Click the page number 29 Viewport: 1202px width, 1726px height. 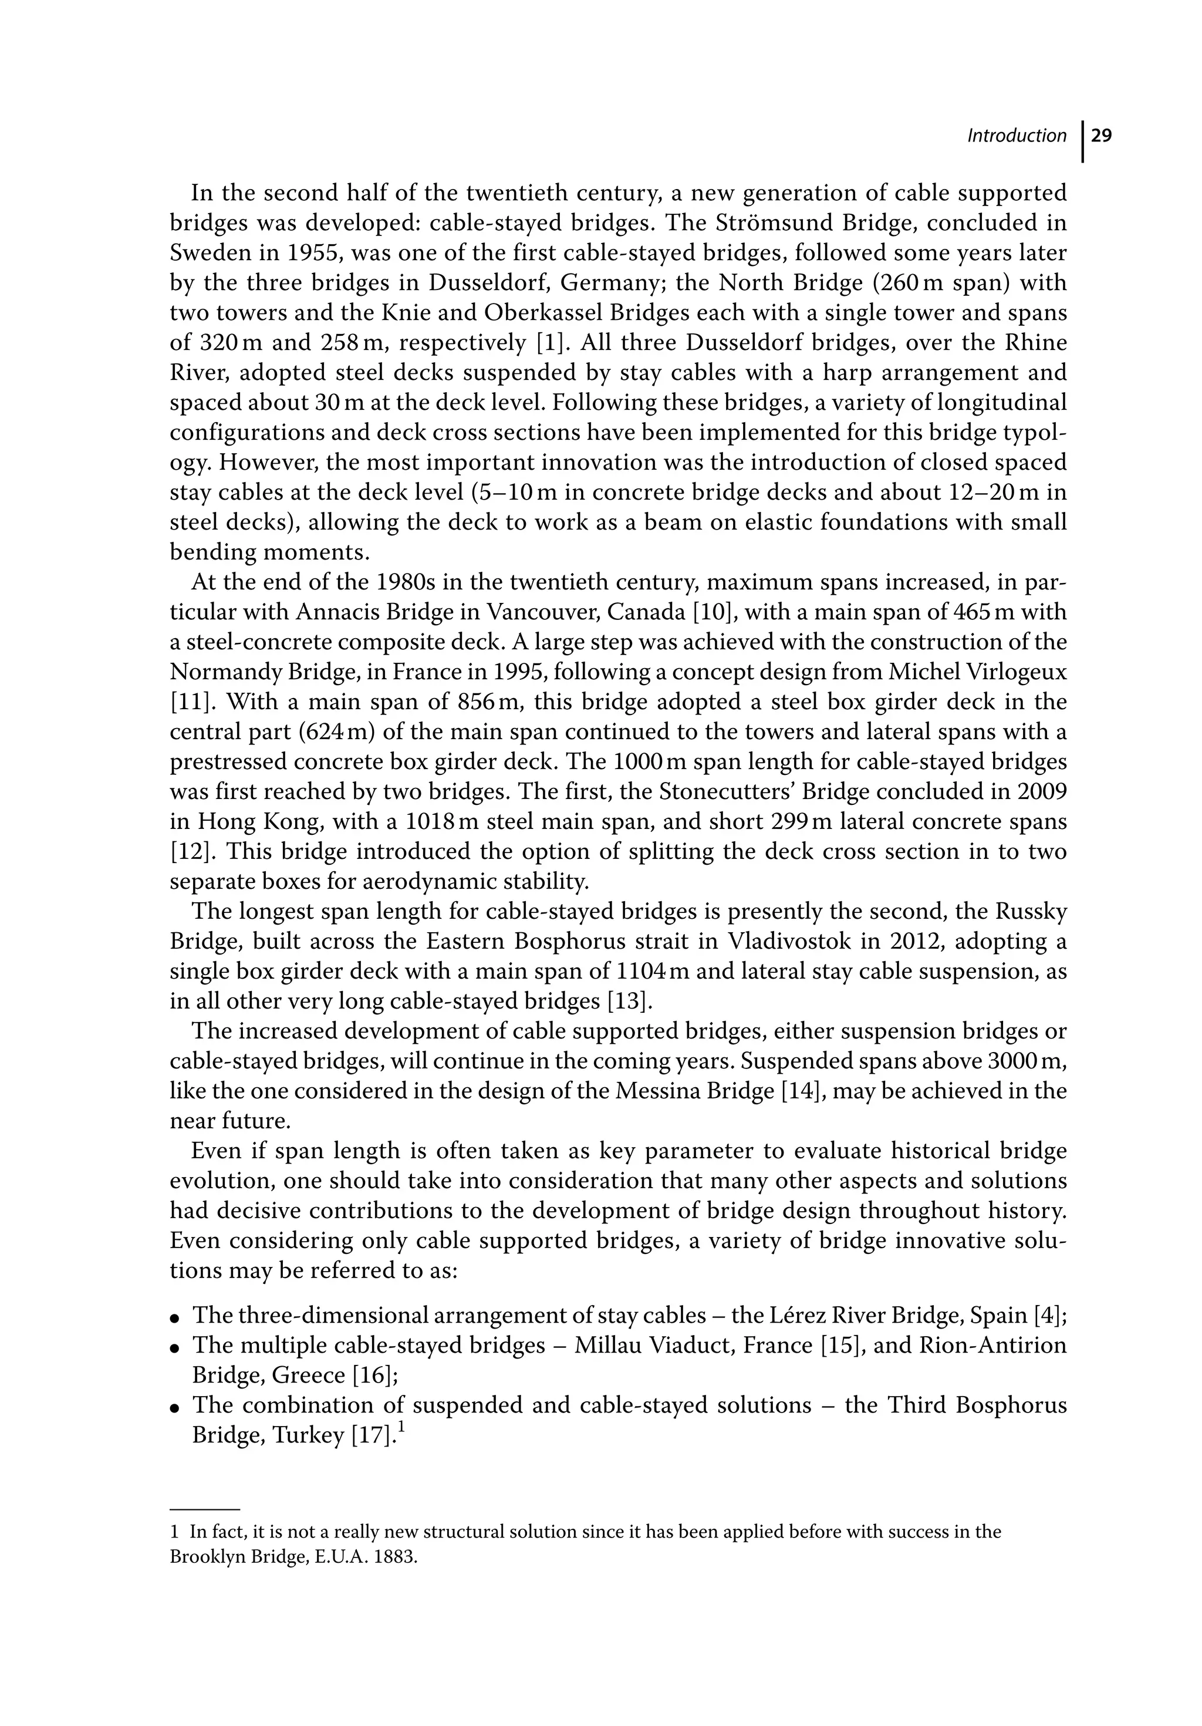1101,136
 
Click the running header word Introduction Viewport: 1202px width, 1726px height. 1017,136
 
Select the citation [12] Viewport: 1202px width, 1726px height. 190,852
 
